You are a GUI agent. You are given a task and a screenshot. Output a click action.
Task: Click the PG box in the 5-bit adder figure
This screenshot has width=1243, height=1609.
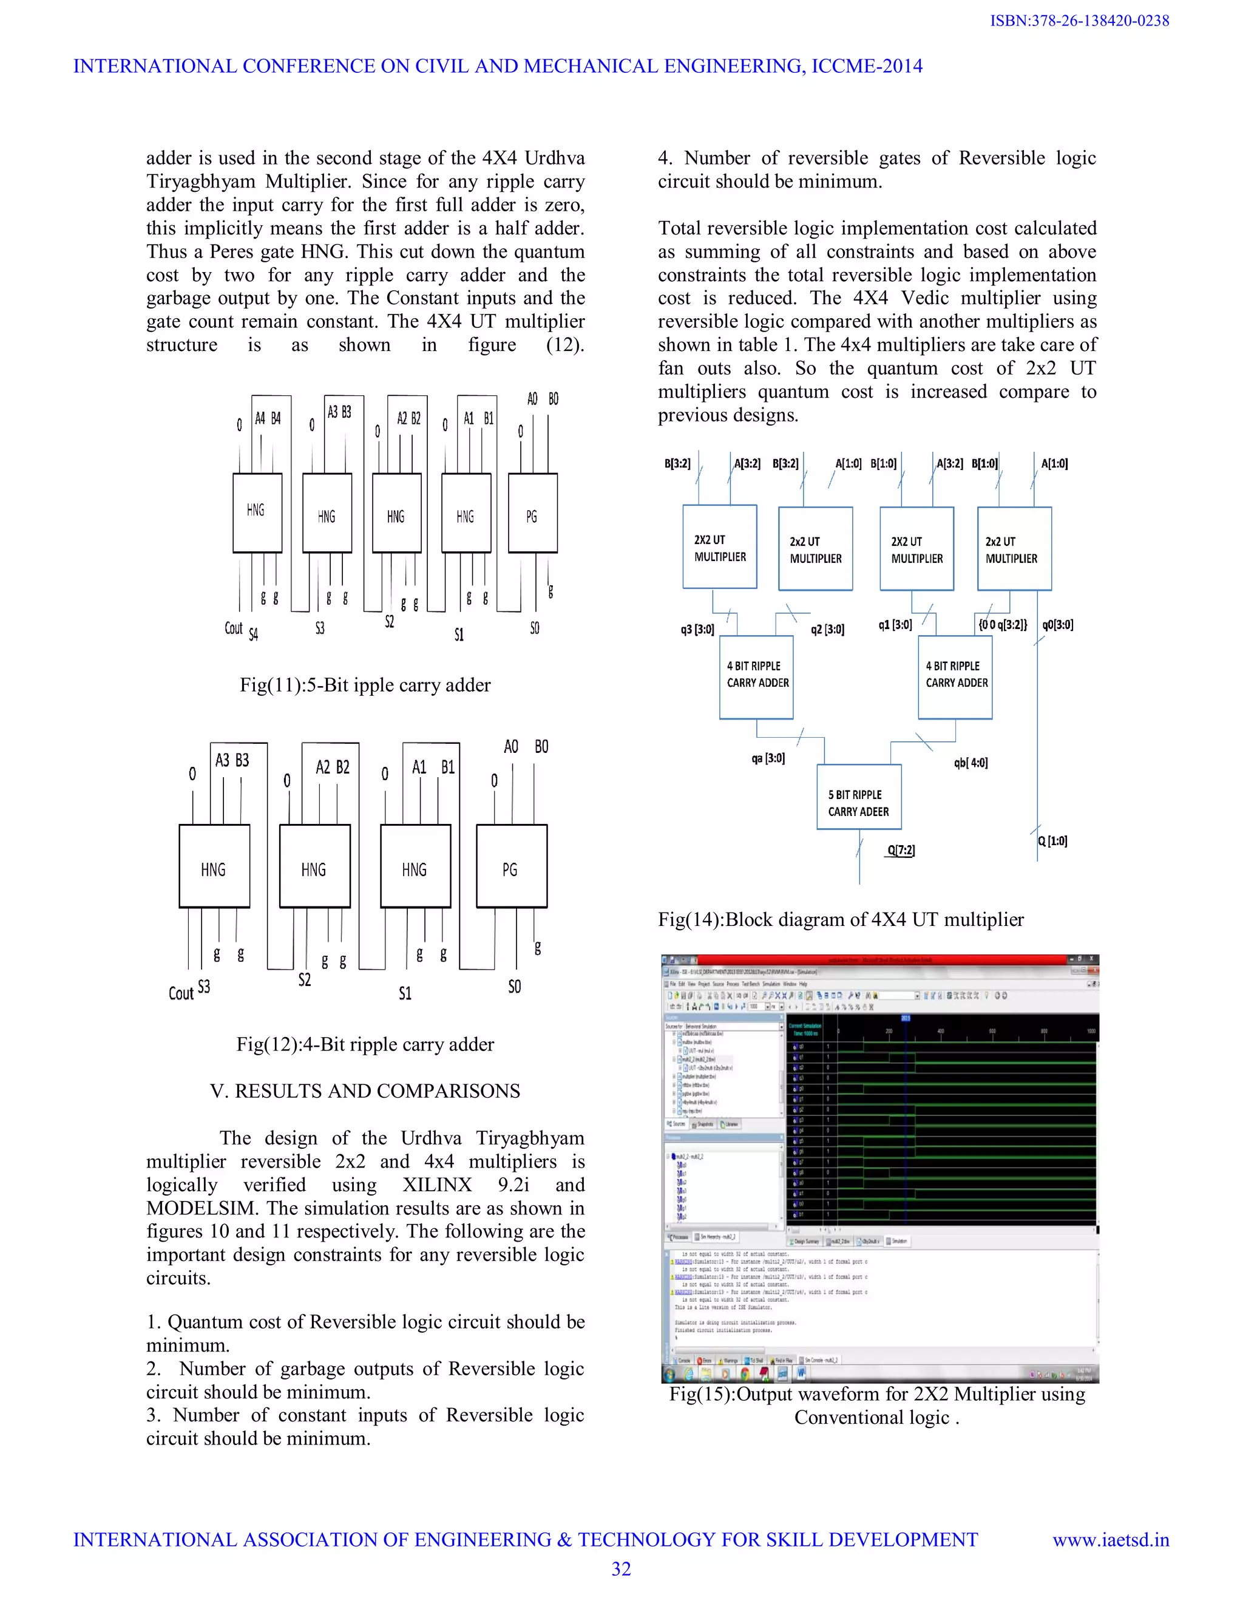pos(532,513)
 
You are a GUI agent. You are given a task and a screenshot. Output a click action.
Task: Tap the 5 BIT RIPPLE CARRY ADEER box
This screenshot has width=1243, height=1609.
pos(859,797)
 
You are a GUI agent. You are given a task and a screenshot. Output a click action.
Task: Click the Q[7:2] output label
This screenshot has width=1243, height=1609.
pos(901,850)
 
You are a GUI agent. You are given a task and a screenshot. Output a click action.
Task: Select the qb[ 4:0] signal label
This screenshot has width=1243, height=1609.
pos(970,763)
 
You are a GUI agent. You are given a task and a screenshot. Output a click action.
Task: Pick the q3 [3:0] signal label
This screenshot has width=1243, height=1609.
pos(697,629)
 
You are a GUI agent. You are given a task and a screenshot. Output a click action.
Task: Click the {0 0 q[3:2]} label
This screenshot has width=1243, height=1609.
pos(1002,625)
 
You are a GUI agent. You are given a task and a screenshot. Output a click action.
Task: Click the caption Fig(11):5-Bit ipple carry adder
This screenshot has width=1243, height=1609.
pos(365,685)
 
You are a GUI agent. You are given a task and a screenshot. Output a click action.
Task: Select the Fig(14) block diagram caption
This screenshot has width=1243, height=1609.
pos(840,919)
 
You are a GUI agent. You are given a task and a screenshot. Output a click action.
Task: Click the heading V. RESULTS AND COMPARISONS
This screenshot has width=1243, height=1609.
pos(365,1091)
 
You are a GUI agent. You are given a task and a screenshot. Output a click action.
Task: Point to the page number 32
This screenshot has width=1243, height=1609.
pos(621,1569)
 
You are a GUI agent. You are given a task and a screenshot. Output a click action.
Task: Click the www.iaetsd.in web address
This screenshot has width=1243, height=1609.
pos(1111,1540)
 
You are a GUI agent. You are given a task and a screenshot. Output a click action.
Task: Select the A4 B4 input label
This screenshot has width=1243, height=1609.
pos(267,418)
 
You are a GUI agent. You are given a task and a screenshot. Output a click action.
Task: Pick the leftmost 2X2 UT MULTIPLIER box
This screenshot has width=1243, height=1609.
pos(719,546)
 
